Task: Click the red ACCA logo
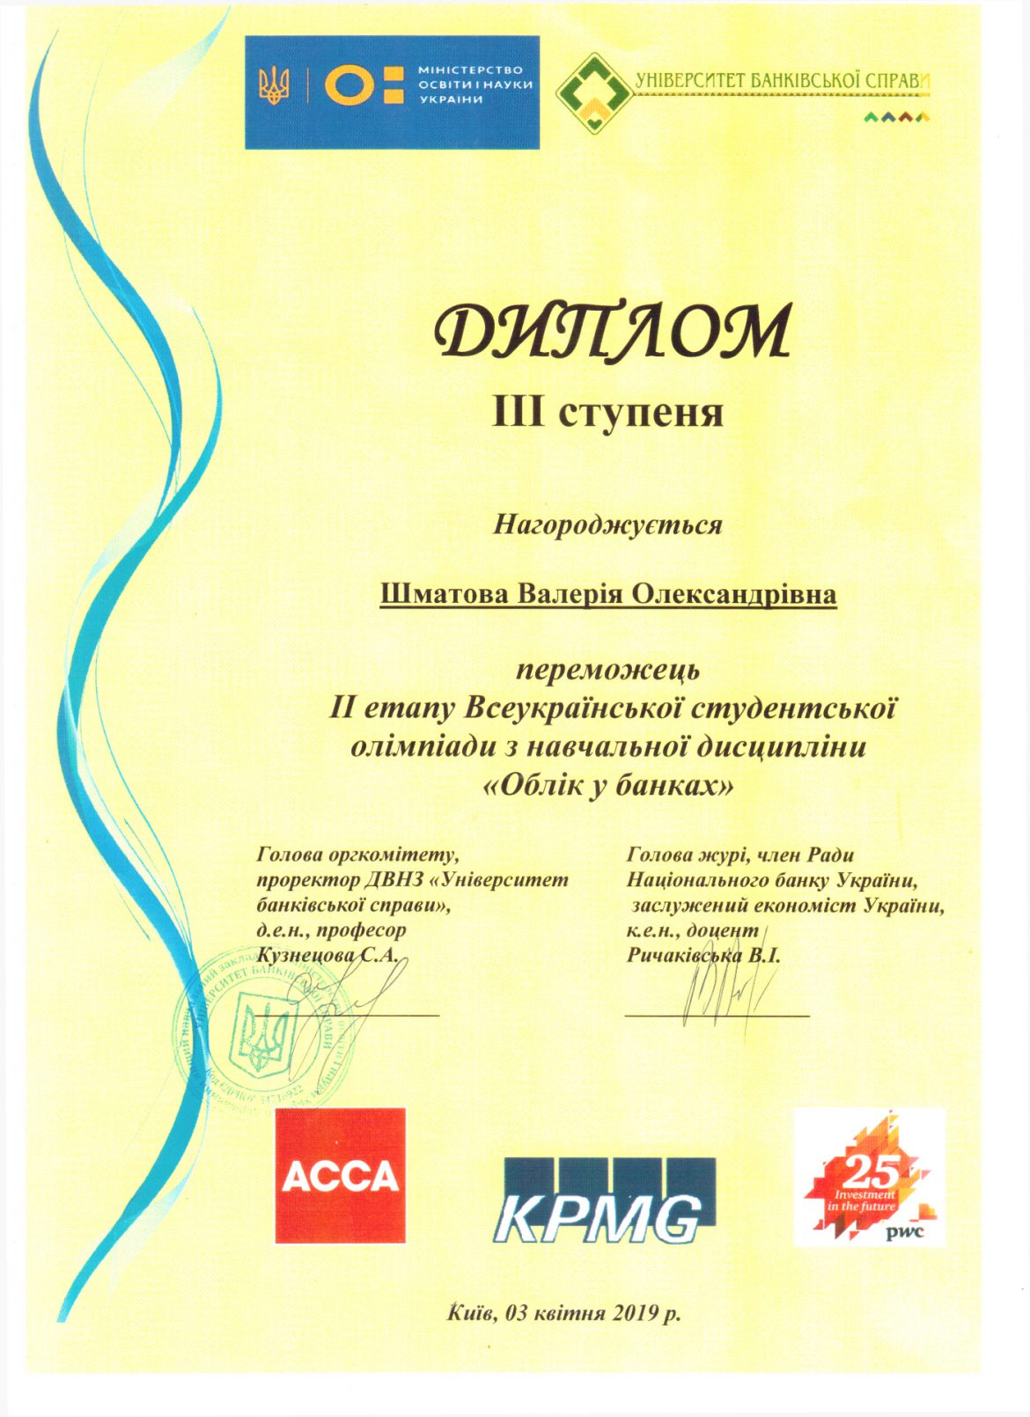(340, 1175)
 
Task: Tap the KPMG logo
(609, 1200)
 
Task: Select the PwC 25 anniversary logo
(869, 1177)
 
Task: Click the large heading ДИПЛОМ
(614, 332)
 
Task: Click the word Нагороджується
(607, 525)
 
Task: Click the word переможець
(607, 671)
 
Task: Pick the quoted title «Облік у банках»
(608, 784)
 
